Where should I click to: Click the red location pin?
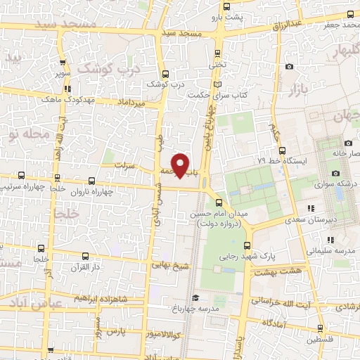181,165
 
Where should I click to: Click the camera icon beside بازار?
289,67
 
